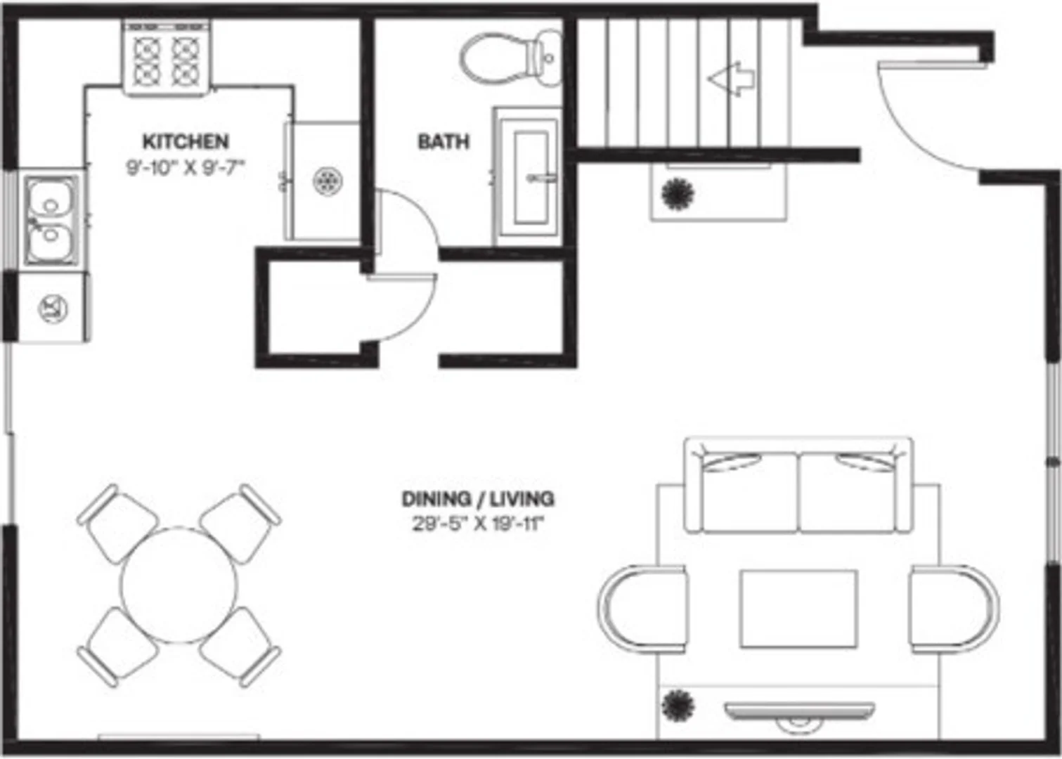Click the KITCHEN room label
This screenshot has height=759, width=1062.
186,142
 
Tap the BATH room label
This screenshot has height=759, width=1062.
443,142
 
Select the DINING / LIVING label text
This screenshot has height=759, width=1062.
478,499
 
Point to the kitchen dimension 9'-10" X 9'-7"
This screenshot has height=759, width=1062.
186,168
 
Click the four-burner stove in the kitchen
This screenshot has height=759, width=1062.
166,58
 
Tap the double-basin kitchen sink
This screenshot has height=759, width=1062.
51,220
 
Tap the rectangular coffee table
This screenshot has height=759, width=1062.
798,608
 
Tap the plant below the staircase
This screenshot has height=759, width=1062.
678,193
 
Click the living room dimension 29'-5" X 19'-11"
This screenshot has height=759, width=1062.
477,525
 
